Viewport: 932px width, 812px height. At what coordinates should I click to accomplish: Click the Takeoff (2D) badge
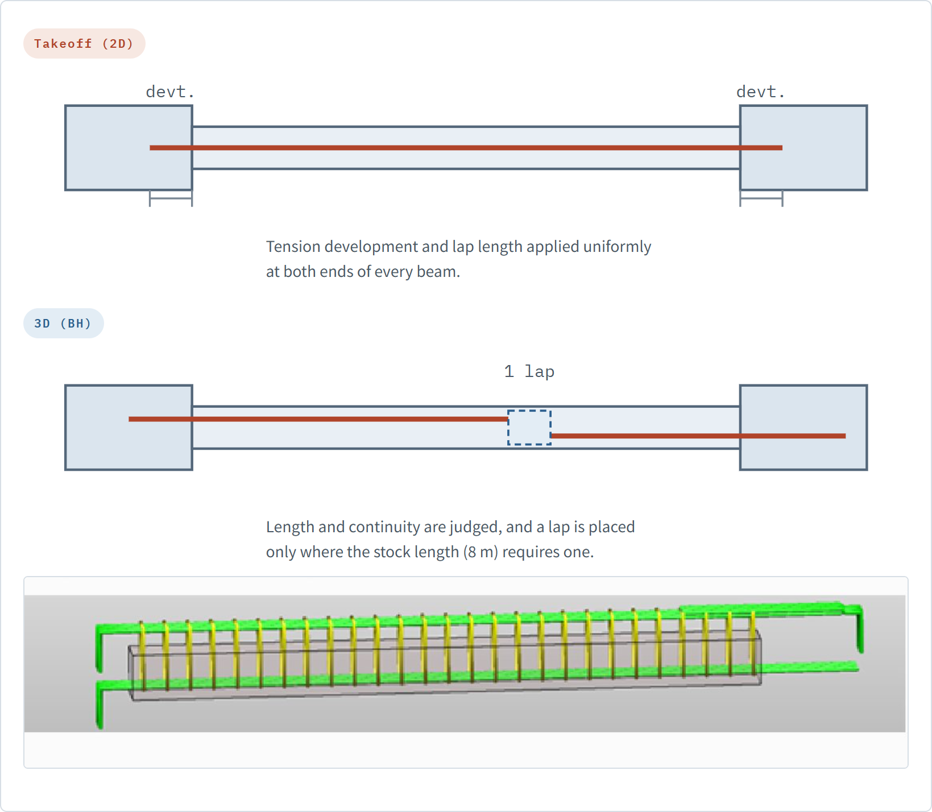[84, 44]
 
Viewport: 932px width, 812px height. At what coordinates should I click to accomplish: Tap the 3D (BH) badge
[63, 324]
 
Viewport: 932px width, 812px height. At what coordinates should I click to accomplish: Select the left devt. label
[170, 92]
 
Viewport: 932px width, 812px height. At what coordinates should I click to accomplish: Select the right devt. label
[760, 92]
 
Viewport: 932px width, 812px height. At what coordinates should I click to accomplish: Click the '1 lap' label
[529, 371]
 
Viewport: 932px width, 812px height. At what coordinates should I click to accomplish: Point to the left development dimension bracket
[171, 198]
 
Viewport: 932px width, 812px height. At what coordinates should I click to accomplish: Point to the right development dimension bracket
[761, 198]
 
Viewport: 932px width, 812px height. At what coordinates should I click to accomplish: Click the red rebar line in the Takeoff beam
[466, 148]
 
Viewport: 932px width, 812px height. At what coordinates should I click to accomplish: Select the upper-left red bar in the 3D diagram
[318, 419]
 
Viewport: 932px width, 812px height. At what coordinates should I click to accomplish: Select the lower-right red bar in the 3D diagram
[698, 436]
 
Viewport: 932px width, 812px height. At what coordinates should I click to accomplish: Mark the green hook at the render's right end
[860, 628]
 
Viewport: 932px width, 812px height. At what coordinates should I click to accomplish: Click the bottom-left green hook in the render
[100, 705]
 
